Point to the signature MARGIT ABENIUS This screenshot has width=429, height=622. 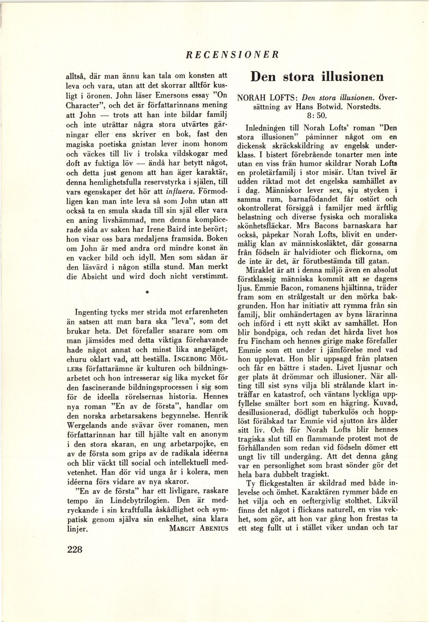(x=199, y=529)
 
